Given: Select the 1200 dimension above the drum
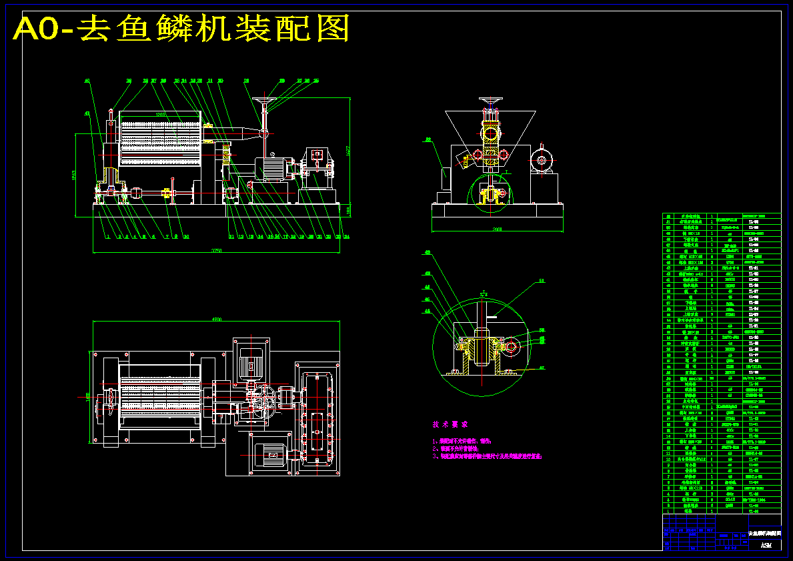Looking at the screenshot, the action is tap(160, 115).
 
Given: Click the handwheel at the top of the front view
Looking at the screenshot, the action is tap(266, 103).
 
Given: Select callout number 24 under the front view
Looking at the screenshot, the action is tap(347, 237).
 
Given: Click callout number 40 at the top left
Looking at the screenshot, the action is tap(87, 81).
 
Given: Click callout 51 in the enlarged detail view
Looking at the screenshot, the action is tap(541, 282).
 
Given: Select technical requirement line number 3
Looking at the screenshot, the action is tap(487, 457).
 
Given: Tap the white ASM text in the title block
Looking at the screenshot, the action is tap(766, 545).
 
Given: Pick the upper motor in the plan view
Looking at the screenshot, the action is tap(251, 364).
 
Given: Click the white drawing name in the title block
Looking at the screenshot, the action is tap(746, 535).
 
